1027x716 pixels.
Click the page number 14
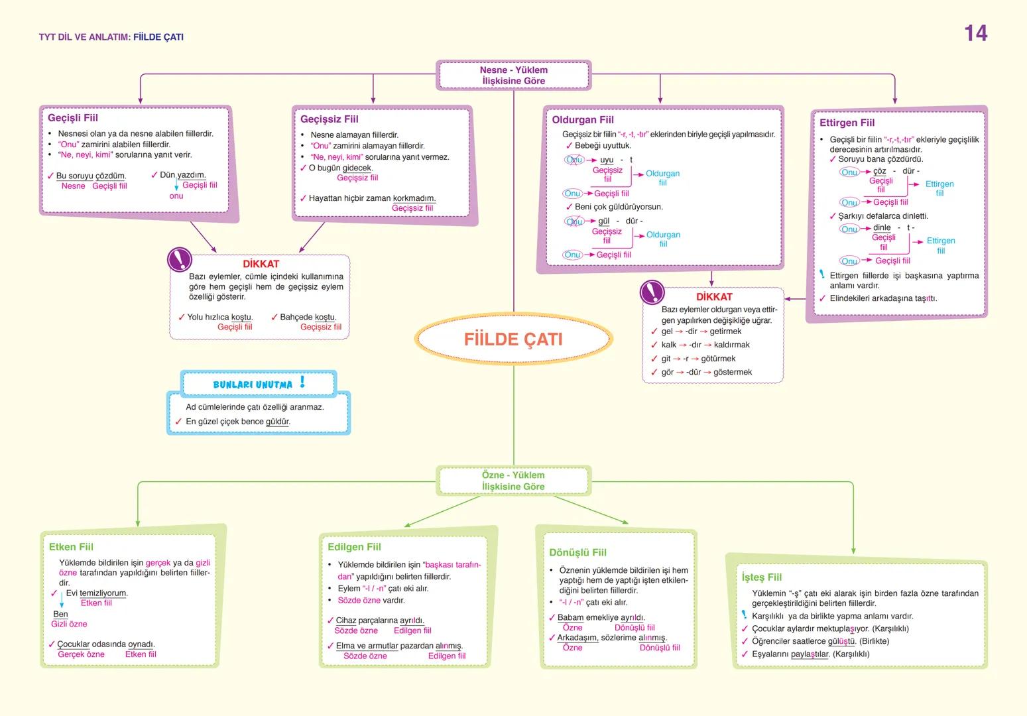click(975, 33)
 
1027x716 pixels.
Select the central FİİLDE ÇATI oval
click(513, 339)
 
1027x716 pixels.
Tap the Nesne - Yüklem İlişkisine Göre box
click(513, 76)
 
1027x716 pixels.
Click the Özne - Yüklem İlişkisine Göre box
click(513, 481)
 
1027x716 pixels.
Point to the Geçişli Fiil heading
click(73, 118)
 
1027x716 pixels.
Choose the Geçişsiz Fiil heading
click(330, 119)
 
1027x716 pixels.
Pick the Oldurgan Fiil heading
click(583, 120)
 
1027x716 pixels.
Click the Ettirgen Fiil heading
click(847, 123)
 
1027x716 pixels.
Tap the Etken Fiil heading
click(71, 547)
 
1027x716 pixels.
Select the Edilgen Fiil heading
click(354, 547)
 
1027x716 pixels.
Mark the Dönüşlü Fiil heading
click(577, 553)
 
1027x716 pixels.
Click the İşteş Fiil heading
click(762, 577)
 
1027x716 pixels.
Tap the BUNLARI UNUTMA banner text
click(253, 385)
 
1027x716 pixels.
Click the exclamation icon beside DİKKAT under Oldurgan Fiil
click(652, 292)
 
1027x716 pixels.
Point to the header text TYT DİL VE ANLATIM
click(84, 37)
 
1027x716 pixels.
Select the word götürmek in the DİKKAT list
click(718, 359)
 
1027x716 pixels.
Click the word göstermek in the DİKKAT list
click(733, 373)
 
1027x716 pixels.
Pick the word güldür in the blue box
click(277, 422)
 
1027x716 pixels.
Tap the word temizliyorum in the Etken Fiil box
click(103, 593)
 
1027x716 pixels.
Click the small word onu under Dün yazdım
click(176, 196)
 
